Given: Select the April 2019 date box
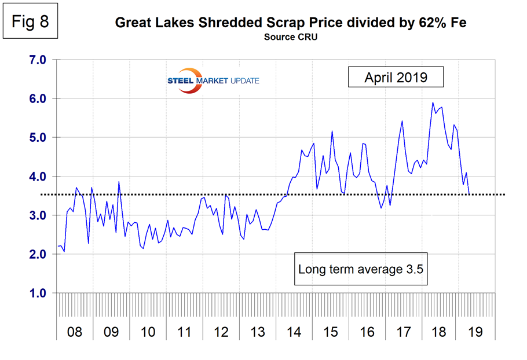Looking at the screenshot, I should pos(396,78).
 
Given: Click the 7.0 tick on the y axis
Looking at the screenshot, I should pos(38,60).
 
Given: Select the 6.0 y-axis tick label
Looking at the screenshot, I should pos(38,98).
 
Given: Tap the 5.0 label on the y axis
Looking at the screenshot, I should pos(38,138).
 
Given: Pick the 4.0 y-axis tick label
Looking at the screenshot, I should pos(38,177).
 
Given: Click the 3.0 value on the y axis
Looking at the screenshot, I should pos(38,215).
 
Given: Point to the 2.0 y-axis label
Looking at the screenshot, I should pos(38,255).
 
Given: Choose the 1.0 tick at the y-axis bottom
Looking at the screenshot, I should pos(38,293).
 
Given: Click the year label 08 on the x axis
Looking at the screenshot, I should pos(75,333).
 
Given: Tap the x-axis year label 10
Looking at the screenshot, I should pos(148,333).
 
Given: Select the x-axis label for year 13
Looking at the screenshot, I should pos(257,333).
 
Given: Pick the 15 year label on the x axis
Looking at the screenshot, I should pos(330,333).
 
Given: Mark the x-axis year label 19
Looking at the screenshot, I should pos(476,333).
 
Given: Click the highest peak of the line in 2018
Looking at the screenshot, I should pos(433,103).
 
